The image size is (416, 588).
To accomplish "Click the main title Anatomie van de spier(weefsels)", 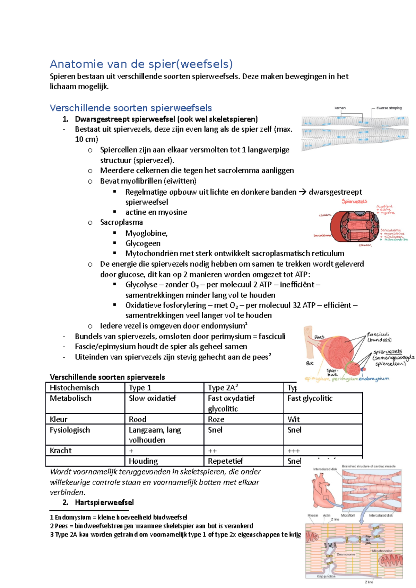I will click(141, 64).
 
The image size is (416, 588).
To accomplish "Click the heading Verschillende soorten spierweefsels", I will click(131, 108).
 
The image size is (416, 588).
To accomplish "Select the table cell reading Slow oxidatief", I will click(153, 398).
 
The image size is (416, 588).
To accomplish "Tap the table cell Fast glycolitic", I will click(310, 398).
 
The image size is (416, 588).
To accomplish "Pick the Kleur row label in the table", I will click(59, 419).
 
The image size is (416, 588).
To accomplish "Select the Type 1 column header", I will click(140, 388).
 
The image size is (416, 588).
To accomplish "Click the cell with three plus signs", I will click(294, 451).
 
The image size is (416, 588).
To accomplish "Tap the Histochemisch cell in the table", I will click(74, 388).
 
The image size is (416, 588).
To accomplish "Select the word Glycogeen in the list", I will click(143, 243).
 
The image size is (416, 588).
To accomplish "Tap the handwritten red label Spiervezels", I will click(354, 201).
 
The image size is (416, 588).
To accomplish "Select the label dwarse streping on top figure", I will click(389, 108).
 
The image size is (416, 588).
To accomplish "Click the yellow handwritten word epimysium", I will click(317, 379).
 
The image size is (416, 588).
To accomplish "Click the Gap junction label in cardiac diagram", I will click(326, 576).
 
